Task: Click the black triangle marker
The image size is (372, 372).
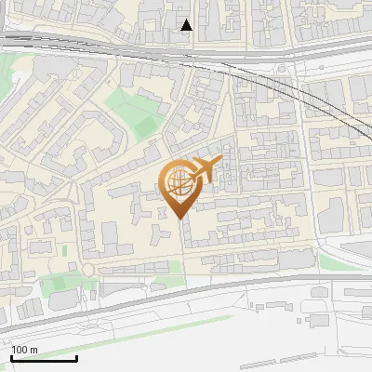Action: [x=187, y=25]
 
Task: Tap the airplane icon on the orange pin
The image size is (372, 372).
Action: [x=205, y=168]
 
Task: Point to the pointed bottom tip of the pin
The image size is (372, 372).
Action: [x=179, y=219]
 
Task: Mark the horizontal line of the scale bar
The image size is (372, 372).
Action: [x=44, y=358]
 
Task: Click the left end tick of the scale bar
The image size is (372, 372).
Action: [x=12, y=356]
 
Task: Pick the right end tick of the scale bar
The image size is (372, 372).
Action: [x=76, y=356]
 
